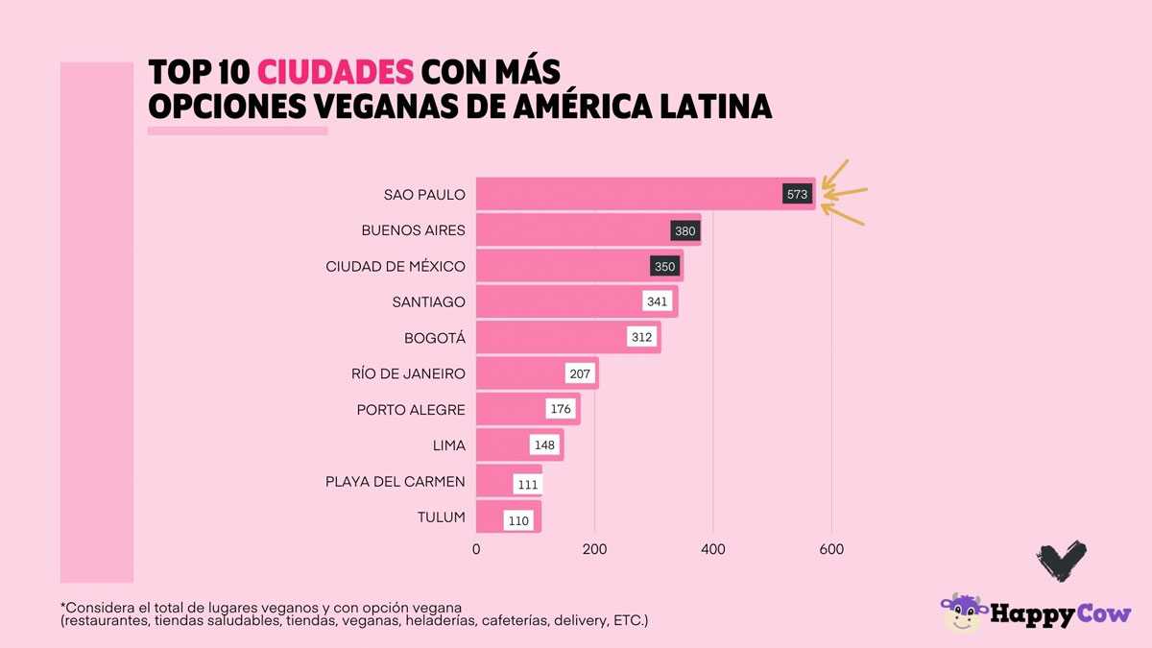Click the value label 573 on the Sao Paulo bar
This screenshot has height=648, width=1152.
(798, 195)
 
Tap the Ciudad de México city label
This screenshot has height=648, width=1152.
(396, 266)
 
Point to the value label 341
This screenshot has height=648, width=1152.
(657, 302)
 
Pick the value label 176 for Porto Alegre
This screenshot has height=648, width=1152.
(561, 410)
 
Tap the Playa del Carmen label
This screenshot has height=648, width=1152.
(396, 481)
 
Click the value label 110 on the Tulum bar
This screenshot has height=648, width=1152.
(518, 521)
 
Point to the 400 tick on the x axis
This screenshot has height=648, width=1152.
(713, 549)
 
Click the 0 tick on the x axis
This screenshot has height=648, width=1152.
(476, 549)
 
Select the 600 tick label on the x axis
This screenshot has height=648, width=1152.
(831, 549)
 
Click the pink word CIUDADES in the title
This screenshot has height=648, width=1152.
(336, 72)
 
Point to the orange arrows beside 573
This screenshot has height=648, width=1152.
(845, 192)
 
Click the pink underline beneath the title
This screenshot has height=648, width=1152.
(237, 131)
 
